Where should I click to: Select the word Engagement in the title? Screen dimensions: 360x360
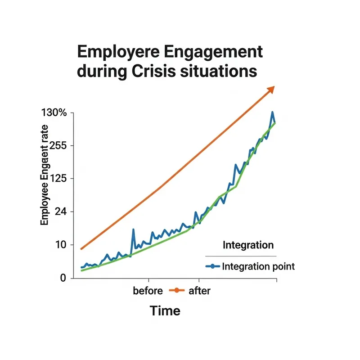218,52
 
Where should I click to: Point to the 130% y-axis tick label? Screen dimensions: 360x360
54,113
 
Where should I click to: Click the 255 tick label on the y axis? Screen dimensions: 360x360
57,146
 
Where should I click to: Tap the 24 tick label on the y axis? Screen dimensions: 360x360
59,212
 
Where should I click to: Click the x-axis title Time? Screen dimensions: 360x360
165,310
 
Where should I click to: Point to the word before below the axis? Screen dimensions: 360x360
148,291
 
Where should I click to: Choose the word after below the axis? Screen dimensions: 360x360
199,291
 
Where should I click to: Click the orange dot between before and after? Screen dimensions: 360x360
176,291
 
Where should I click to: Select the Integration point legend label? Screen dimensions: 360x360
258,266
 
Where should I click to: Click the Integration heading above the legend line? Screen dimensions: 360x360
248,245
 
